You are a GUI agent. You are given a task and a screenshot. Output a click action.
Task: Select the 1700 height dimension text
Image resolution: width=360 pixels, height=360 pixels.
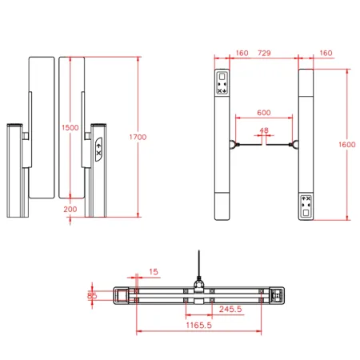(x=137, y=138)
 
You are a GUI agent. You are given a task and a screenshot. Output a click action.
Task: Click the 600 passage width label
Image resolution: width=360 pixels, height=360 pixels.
(x=263, y=113)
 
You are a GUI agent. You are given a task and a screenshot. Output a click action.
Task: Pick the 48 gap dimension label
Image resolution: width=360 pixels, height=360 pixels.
(x=264, y=130)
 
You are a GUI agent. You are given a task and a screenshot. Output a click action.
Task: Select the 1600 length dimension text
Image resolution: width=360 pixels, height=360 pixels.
(x=346, y=144)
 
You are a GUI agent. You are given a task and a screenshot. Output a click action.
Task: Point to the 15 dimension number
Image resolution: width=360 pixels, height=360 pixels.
(x=153, y=272)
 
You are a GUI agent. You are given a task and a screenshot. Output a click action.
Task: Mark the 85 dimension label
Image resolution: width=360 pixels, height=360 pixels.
(x=92, y=295)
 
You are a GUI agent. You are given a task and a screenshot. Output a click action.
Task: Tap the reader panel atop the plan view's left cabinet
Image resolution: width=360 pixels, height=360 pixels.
(x=222, y=84)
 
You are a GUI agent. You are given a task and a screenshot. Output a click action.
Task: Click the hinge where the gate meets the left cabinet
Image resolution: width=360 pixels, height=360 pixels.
(x=233, y=145)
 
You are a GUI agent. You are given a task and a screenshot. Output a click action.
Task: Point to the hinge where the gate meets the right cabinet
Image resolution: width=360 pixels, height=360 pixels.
(x=294, y=145)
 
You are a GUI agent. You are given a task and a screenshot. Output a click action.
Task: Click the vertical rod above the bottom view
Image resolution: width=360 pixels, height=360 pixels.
(x=196, y=264)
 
